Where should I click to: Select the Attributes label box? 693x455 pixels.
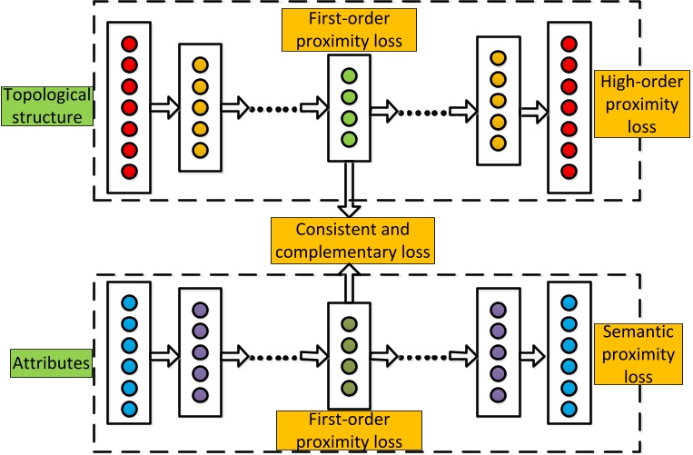(x=44, y=362)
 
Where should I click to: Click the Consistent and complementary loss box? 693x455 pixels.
(x=351, y=238)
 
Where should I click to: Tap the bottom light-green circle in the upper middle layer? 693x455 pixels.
(x=348, y=139)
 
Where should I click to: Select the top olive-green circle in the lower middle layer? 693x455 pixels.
(x=348, y=323)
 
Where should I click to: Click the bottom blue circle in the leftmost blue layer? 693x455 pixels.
(x=129, y=408)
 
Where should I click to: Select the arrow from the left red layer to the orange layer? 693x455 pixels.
(x=164, y=110)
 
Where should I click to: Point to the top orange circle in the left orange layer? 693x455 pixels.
(x=200, y=65)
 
